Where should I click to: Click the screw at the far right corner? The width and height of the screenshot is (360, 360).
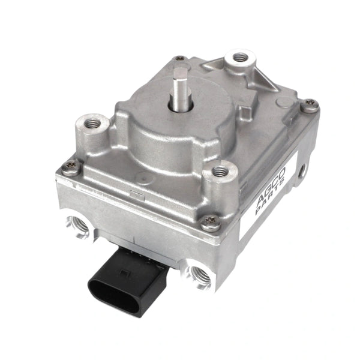coord(309,107)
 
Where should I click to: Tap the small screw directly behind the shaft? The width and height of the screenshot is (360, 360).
coord(180,59)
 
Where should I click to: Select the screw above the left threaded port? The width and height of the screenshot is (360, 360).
coord(70,169)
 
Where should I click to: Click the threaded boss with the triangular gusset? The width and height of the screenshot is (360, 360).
coord(241,58)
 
